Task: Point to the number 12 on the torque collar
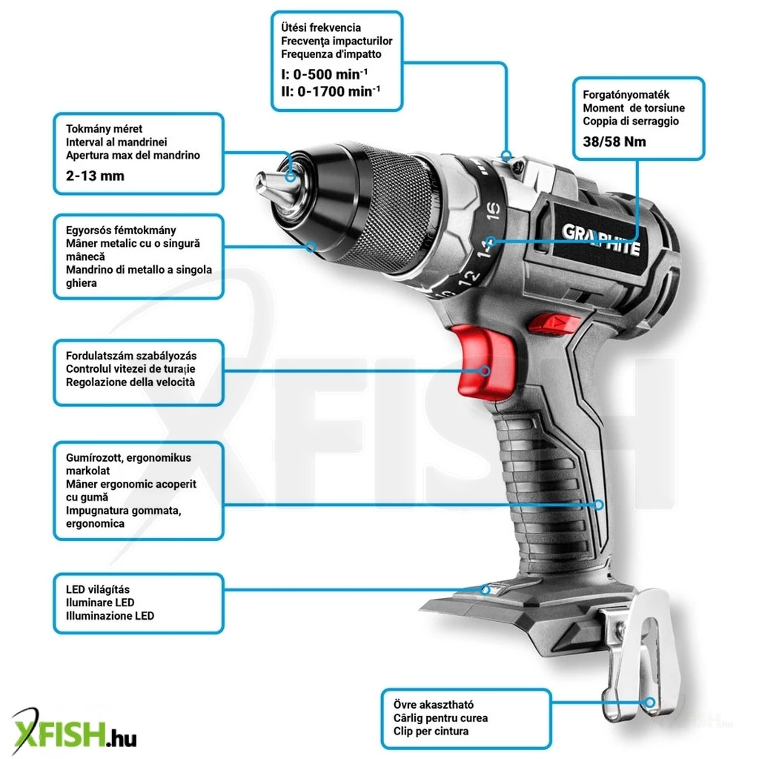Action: tap(468, 279)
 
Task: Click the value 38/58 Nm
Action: tap(614, 142)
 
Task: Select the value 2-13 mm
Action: tap(95, 176)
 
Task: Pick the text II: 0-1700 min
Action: tap(331, 91)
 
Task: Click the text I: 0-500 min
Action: tap(325, 74)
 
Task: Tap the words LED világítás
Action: tap(98, 589)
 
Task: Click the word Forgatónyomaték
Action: tap(626, 95)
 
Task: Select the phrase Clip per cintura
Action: tap(431, 731)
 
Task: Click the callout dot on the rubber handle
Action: tap(599, 505)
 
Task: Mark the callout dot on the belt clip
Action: tap(650, 703)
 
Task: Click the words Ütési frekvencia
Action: tap(320, 27)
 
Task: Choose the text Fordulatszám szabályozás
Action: tap(131, 356)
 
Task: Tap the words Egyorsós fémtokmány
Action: tap(121, 231)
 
